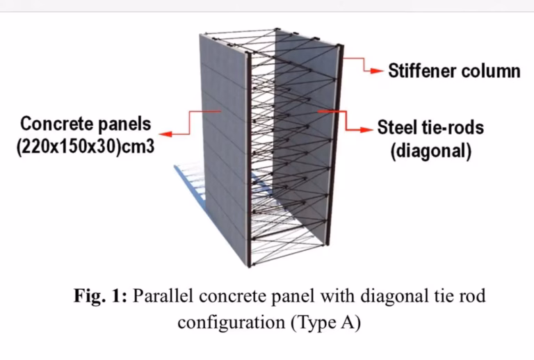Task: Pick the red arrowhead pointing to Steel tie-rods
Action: [x=366, y=130]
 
